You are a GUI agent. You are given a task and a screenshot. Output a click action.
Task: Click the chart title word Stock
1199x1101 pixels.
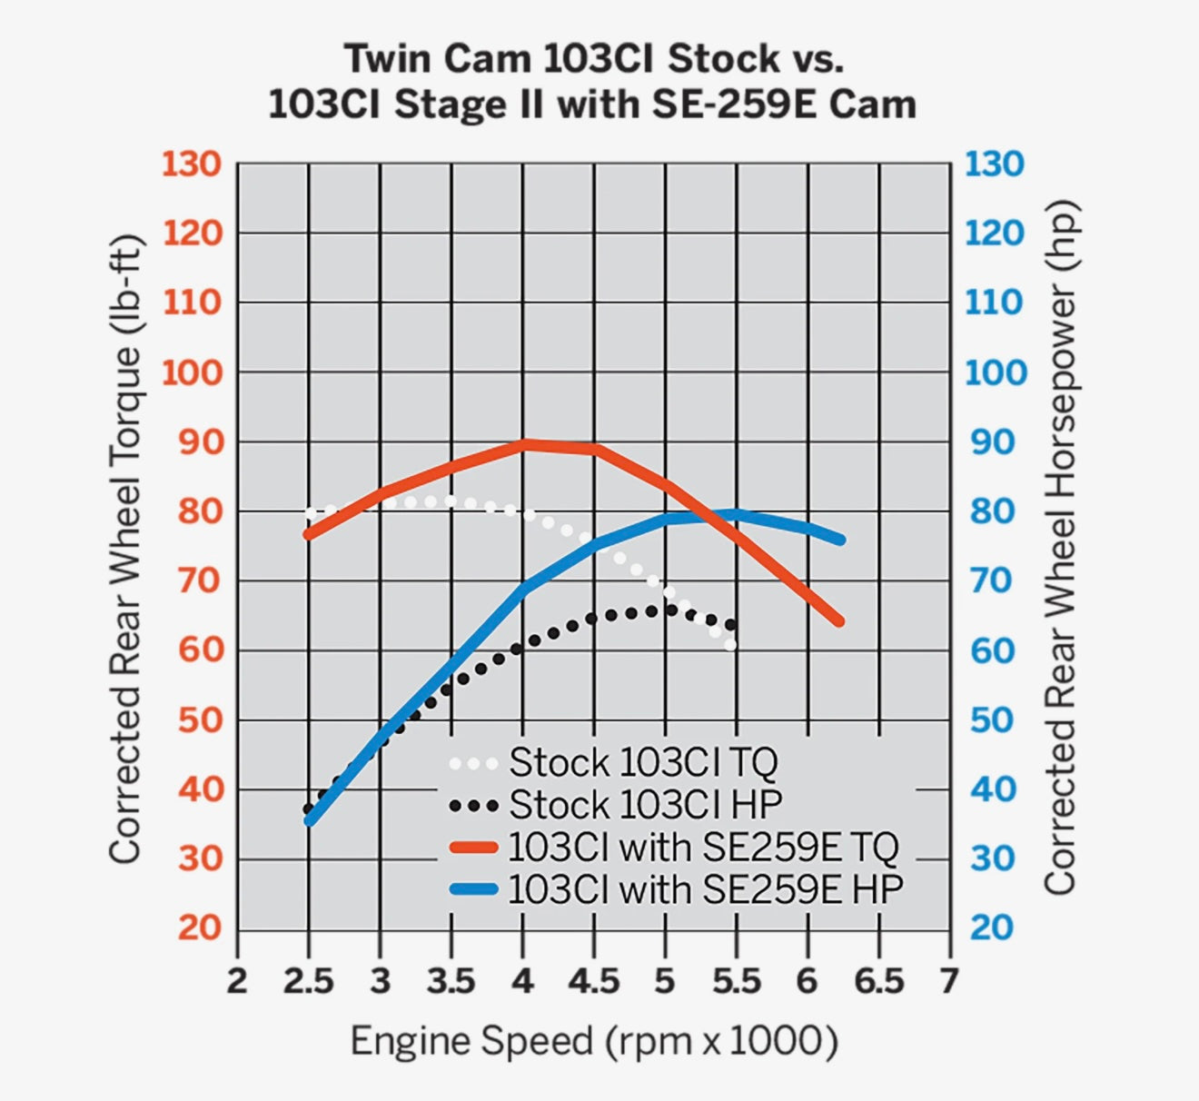point(723,59)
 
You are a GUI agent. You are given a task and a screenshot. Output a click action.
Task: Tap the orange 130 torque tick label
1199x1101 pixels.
point(192,164)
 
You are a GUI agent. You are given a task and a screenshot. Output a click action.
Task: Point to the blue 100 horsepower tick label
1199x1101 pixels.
point(994,372)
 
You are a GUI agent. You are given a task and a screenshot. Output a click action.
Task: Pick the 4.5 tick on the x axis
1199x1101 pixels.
point(593,982)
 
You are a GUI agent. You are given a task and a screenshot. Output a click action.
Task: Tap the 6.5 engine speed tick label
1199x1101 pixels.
point(879,982)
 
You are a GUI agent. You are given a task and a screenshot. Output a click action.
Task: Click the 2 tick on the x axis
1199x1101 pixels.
point(237,982)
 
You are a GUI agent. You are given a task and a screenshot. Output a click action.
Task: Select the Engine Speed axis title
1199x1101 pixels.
point(593,1041)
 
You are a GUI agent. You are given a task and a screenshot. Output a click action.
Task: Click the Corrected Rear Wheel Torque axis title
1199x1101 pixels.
point(126,549)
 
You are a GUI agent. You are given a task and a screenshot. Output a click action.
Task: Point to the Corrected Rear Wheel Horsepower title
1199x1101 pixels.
point(1059,549)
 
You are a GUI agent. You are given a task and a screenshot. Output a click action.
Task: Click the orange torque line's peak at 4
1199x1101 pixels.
point(523,443)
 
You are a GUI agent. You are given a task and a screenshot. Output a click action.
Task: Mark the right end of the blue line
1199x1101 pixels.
point(840,540)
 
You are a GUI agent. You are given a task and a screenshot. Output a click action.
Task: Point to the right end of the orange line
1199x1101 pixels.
point(839,622)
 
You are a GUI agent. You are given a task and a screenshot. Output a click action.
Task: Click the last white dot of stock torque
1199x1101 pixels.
point(731,644)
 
